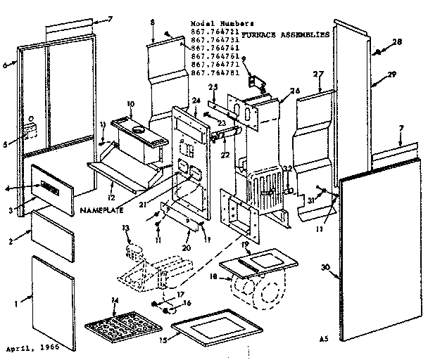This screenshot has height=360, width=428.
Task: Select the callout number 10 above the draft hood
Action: [129, 104]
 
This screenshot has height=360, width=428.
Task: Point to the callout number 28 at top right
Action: [398, 42]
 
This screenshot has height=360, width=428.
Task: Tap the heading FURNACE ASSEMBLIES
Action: [285, 34]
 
